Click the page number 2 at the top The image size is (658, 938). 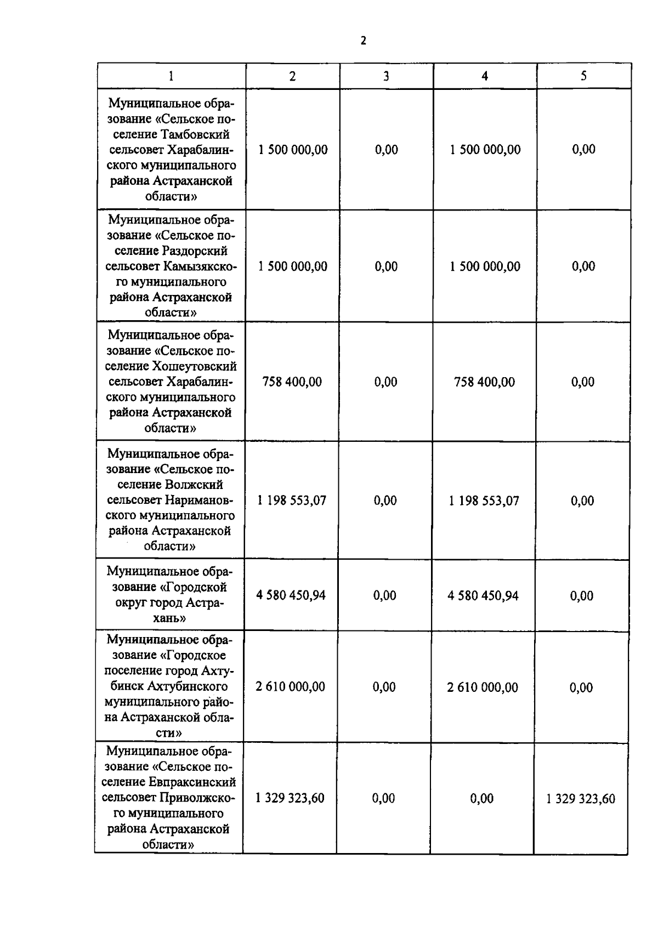click(363, 41)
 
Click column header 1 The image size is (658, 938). click(172, 76)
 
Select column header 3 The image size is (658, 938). click(386, 76)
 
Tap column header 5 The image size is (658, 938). click(583, 76)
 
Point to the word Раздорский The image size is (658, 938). click(195, 251)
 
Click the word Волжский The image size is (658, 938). click(194, 485)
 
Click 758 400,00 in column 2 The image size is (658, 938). click(292, 382)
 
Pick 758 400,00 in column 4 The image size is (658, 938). click(485, 382)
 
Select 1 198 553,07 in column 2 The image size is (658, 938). click(292, 501)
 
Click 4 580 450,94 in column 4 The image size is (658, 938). click(483, 595)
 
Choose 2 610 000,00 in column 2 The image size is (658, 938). click(291, 686)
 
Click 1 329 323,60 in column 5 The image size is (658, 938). click(581, 798)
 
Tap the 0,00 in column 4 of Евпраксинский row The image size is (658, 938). click(482, 798)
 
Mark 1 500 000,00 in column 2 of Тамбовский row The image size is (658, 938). click(293, 150)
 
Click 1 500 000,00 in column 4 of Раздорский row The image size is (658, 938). click(485, 266)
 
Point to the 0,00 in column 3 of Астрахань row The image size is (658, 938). click(385, 595)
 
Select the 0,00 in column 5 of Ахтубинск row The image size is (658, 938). click(581, 687)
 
